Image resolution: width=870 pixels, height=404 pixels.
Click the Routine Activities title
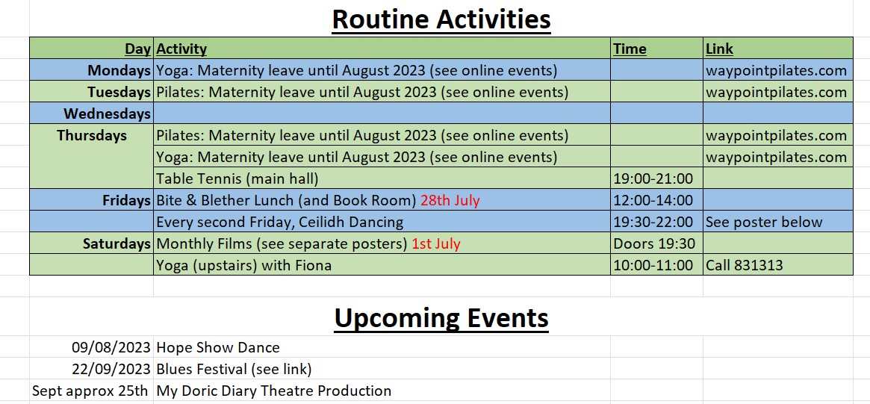(x=441, y=19)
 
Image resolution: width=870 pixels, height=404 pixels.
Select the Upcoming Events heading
(x=441, y=318)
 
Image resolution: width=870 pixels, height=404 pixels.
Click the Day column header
(x=138, y=49)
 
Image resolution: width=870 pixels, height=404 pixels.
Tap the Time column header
(x=630, y=49)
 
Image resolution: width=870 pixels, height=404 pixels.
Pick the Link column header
(x=719, y=49)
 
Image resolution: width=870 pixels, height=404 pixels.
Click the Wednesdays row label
(x=107, y=114)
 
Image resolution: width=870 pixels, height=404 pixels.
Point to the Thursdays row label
(x=92, y=135)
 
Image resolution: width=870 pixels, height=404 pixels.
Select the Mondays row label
(x=119, y=70)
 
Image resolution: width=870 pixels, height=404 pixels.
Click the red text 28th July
(x=450, y=200)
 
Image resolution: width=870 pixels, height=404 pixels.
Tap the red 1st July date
(x=436, y=243)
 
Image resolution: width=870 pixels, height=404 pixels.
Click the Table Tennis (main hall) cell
(x=237, y=178)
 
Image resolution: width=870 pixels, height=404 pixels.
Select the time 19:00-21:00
(x=653, y=178)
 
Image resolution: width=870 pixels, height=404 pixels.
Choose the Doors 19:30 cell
(x=648, y=243)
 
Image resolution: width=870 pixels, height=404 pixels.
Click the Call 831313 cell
(x=744, y=265)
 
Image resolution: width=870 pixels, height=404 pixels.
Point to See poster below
(x=764, y=222)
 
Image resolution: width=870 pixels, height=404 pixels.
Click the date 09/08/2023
(x=111, y=347)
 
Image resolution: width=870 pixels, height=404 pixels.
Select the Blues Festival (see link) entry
(x=234, y=369)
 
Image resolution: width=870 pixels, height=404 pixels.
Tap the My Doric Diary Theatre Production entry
(x=274, y=391)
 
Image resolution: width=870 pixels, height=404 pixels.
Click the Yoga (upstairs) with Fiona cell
(x=244, y=265)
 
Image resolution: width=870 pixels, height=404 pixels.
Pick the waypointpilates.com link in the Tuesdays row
(x=776, y=92)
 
